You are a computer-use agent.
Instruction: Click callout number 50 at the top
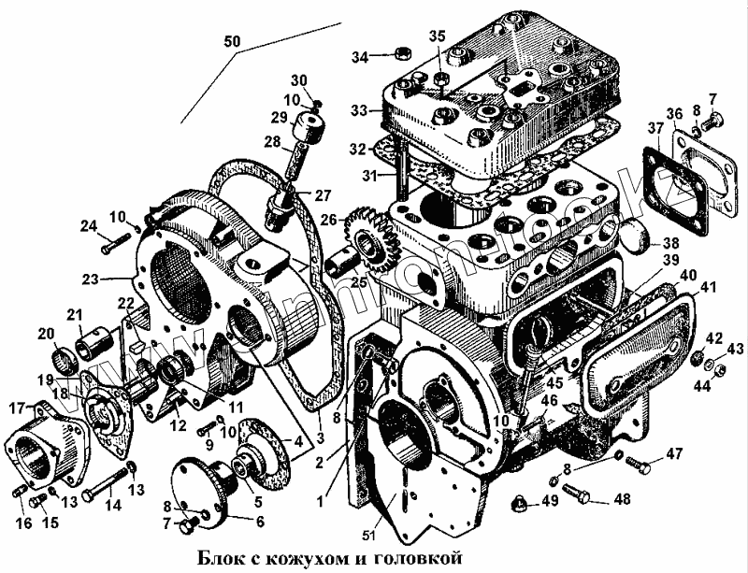pyautogui.click(x=233, y=42)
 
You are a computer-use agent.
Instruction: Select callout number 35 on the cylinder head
pyautogui.click(x=438, y=36)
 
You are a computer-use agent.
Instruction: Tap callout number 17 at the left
pyautogui.click(x=16, y=408)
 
